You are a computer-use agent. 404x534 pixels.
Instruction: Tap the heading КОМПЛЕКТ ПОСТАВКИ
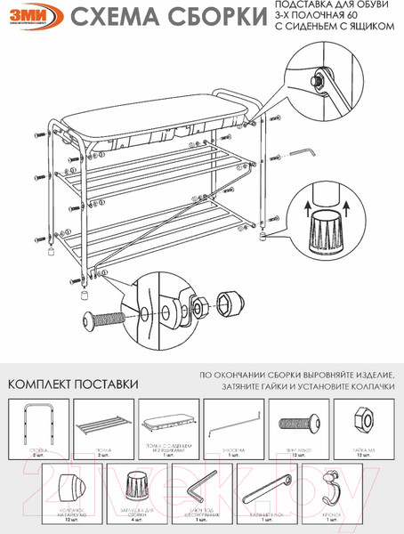(73, 384)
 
